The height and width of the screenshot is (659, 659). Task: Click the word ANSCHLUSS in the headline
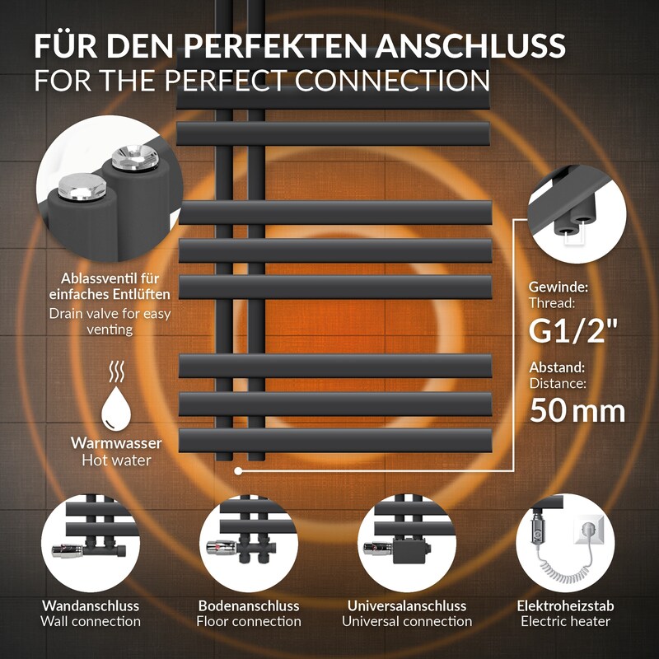pos(470,45)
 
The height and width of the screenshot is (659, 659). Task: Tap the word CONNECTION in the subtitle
pos(392,80)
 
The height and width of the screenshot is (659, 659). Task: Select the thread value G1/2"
pos(573,331)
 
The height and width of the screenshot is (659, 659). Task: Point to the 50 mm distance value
pos(577,410)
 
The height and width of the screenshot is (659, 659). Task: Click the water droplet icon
pos(116,408)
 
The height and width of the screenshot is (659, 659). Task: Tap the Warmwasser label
pos(116,442)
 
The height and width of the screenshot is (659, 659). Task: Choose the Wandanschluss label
pos(91,605)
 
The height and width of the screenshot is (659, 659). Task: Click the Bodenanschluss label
pos(249,605)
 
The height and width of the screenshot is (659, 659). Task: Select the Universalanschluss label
pos(407,605)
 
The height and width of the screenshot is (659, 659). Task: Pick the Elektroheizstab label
pos(565,605)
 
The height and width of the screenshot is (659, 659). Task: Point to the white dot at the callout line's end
pos(238,471)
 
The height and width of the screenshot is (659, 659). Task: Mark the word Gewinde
pos(559,287)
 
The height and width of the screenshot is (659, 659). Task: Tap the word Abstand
pos(557,367)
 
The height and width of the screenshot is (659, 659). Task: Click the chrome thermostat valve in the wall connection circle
pos(68,550)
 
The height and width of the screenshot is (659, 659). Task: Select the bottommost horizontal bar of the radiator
pos(335,441)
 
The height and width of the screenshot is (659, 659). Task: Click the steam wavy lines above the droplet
pos(116,372)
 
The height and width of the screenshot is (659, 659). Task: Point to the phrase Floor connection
pos(249,621)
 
